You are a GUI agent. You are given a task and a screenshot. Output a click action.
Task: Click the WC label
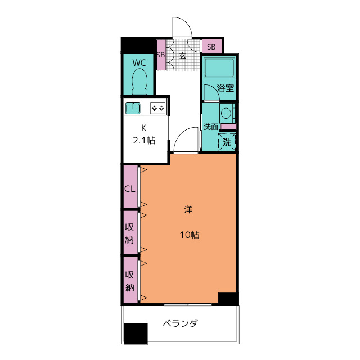click(x=139, y=62)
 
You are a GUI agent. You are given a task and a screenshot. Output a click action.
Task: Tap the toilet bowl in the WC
click(x=139, y=82)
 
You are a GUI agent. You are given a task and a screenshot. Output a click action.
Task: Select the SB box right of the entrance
click(x=211, y=47)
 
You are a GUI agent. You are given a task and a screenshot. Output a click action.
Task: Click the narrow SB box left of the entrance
click(x=161, y=55)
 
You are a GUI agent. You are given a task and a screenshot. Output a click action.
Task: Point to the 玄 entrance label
click(x=183, y=55)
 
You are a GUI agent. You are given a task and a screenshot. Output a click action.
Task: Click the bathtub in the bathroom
click(x=219, y=69)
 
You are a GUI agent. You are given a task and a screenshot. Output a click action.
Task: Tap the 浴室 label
click(x=226, y=88)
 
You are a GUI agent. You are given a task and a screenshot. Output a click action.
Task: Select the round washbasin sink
click(x=226, y=111)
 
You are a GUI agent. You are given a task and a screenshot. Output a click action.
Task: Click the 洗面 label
click(x=210, y=127)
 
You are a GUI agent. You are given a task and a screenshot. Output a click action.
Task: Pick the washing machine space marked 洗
click(x=227, y=142)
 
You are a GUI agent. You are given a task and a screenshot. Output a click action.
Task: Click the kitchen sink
click(x=133, y=107)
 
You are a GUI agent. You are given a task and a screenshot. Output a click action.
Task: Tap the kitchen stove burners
click(x=158, y=107)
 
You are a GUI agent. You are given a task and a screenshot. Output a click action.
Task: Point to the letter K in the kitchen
click(x=143, y=127)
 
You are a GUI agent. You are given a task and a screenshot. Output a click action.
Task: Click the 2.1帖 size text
click(x=144, y=141)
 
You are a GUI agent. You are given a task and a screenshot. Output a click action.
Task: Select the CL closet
click(x=130, y=188)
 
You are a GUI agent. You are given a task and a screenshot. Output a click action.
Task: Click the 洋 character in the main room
click(x=188, y=210)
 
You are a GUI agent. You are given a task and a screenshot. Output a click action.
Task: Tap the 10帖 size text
click(x=188, y=235)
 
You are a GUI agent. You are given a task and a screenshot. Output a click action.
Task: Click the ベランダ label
click(x=180, y=324)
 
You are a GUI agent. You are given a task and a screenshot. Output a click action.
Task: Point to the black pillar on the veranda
click(x=135, y=333)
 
